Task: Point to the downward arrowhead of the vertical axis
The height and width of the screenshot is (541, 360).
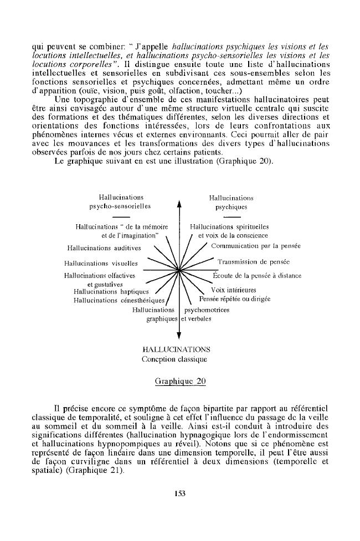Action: (179, 334)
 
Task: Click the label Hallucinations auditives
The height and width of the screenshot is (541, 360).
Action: (104, 248)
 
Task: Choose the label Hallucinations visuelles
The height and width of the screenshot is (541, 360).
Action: (101, 264)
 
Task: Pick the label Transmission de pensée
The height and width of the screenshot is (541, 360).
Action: (254, 262)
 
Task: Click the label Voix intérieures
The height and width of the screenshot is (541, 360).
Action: (234, 290)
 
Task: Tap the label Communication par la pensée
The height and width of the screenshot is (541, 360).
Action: (256, 245)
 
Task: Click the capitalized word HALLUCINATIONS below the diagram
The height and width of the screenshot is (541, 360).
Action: (176, 349)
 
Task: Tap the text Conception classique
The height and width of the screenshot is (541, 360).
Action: (174, 359)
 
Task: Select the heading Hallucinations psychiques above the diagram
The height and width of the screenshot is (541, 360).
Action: (231, 202)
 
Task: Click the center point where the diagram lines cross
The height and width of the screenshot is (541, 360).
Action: (179, 270)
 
